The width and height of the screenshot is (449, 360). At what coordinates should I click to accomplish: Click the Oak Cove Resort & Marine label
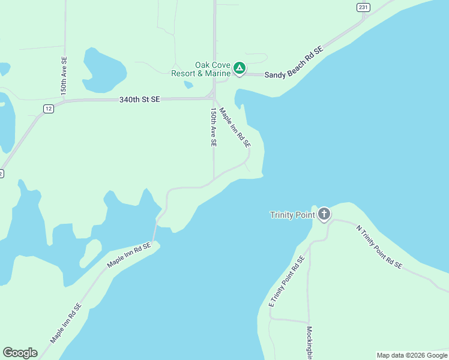click(x=200, y=69)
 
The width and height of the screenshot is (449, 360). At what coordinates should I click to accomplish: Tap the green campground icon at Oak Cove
click(x=240, y=68)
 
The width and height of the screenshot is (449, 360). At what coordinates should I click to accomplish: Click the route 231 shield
click(x=363, y=7)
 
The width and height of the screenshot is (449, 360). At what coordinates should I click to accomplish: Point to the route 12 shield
click(x=49, y=108)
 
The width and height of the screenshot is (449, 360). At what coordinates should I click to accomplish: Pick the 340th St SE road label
click(x=139, y=100)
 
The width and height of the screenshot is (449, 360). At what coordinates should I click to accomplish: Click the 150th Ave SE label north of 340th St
click(x=64, y=75)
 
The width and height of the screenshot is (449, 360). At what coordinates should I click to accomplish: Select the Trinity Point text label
click(x=292, y=215)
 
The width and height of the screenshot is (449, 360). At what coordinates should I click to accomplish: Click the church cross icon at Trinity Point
click(x=324, y=214)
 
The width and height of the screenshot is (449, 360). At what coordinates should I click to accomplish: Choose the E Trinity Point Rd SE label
click(x=287, y=282)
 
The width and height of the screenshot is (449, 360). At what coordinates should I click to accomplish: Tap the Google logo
click(x=20, y=353)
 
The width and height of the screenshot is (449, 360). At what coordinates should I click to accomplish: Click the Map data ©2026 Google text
click(x=412, y=355)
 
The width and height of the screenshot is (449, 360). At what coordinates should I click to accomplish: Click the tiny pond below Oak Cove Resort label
click(x=188, y=85)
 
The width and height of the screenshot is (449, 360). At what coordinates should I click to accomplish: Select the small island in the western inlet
click(x=91, y=253)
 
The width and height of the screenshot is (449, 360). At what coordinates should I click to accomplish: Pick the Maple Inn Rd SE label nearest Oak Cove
click(x=235, y=128)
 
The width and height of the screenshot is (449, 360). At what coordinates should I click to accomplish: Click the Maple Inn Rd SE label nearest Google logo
click(x=66, y=324)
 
